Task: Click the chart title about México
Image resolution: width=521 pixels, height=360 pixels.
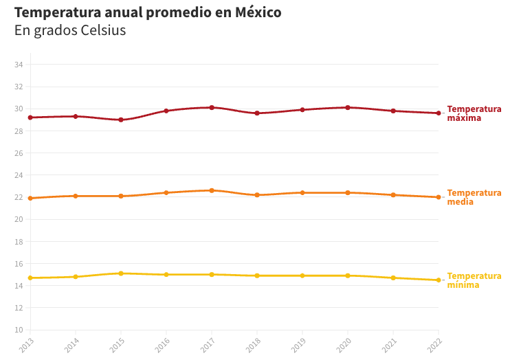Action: click(148, 12)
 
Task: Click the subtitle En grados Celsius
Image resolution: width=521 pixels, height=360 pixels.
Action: click(70, 31)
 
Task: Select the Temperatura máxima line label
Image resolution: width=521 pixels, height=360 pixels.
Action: click(474, 113)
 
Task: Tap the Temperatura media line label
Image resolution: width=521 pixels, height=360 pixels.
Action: click(474, 197)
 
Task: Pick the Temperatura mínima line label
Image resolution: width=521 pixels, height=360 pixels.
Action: click(474, 280)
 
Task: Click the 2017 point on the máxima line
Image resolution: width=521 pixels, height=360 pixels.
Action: click(212, 107)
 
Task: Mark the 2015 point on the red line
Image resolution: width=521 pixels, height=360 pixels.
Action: click(121, 120)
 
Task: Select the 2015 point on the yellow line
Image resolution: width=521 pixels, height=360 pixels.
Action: click(121, 273)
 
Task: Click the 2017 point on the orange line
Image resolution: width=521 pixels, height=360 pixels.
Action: click(212, 190)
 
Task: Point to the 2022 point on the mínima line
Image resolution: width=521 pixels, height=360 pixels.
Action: click(439, 280)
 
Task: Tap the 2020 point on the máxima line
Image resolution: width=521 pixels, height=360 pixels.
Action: click(348, 107)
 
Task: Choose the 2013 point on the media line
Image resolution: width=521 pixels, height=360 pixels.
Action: click(30, 198)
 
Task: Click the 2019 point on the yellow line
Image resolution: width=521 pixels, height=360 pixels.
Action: click(302, 275)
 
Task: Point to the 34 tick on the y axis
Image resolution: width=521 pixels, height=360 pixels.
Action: click(19, 65)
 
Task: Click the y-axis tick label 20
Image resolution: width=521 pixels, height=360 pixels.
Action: click(19, 219)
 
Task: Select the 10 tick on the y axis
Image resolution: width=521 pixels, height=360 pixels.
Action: click(19, 330)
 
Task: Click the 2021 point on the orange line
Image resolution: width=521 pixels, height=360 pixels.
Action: click(393, 195)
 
